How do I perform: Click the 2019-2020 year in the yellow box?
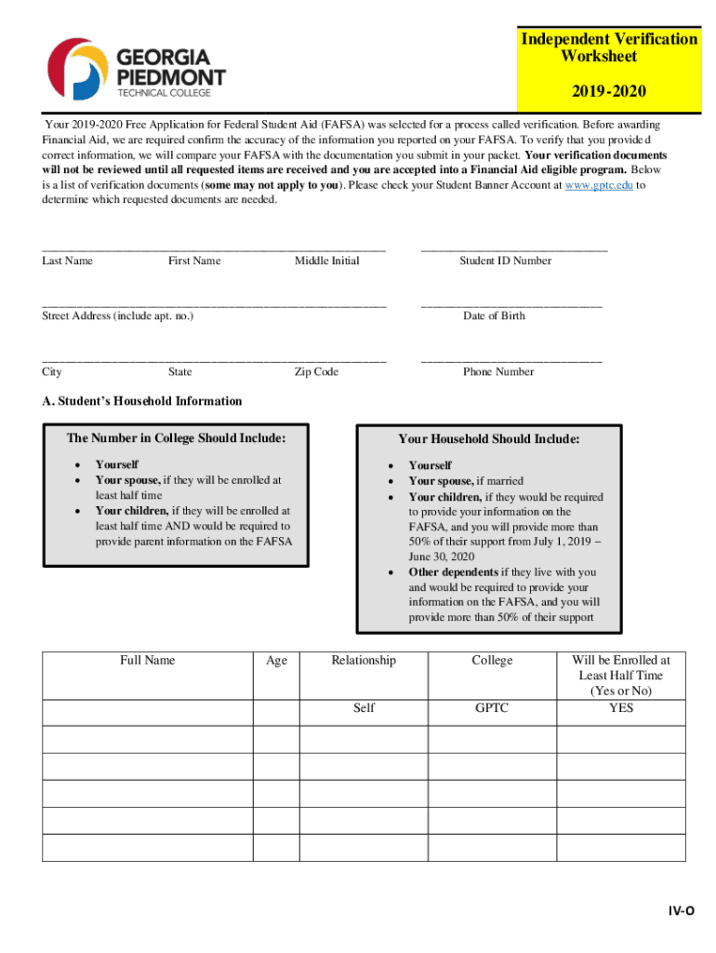point(608,91)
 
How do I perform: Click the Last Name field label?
point(67,261)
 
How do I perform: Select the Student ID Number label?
point(505,261)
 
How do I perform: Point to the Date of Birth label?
point(494,315)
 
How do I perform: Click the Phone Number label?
point(498,371)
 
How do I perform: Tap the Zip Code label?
point(316,371)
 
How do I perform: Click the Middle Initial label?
point(326,261)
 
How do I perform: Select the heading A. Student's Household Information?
point(141,401)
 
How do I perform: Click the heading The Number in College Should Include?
point(176,438)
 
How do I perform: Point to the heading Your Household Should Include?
point(489,438)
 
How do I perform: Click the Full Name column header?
point(147,660)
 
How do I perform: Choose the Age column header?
point(276,660)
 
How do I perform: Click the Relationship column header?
point(364,660)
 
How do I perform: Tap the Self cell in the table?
point(364,708)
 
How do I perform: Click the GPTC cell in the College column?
point(492,708)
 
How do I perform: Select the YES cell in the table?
point(620,708)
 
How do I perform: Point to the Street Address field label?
point(118,315)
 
